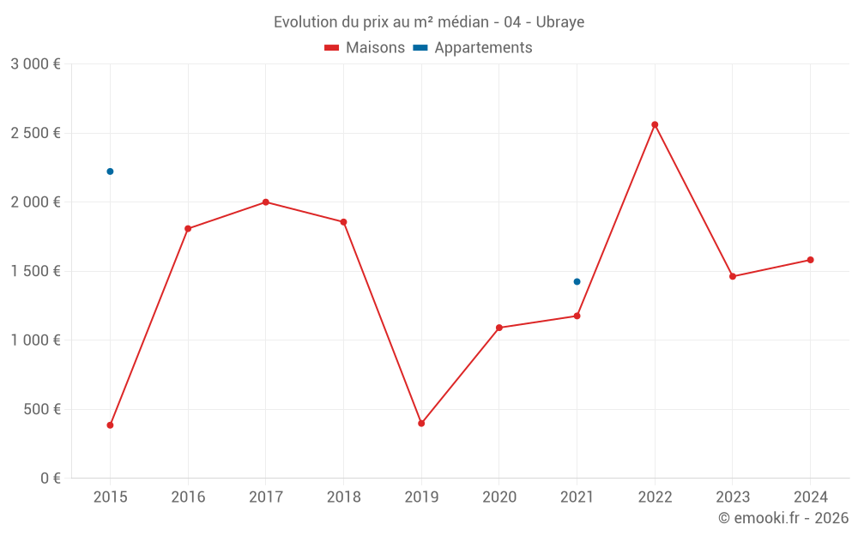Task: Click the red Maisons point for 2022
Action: (x=655, y=125)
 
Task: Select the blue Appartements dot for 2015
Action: (x=110, y=172)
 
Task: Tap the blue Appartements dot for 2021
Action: (x=577, y=281)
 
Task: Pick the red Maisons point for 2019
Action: (x=421, y=424)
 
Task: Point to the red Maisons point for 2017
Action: (x=266, y=202)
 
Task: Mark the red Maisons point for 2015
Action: (x=110, y=425)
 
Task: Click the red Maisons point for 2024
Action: (x=810, y=260)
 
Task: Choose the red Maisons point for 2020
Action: (x=499, y=328)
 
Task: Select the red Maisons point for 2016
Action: (x=188, y=229)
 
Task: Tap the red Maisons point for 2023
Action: (x=733, y=276)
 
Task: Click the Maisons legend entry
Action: (x=365, y=48)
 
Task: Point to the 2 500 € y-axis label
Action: (x=35, y=133)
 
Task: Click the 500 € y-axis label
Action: (x=41, y=409)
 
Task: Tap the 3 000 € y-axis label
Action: (x=35, y=64)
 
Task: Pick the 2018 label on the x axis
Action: (x=343, y=497)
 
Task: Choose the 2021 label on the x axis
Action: (x=577, y=497)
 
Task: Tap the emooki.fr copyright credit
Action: (x=783, y=518)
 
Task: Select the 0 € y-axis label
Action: (x=50, y=479)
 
